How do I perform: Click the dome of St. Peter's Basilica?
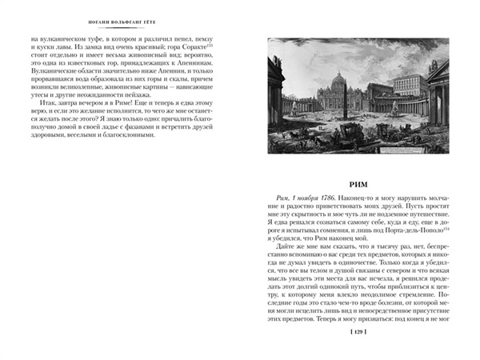pos(346,79)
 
